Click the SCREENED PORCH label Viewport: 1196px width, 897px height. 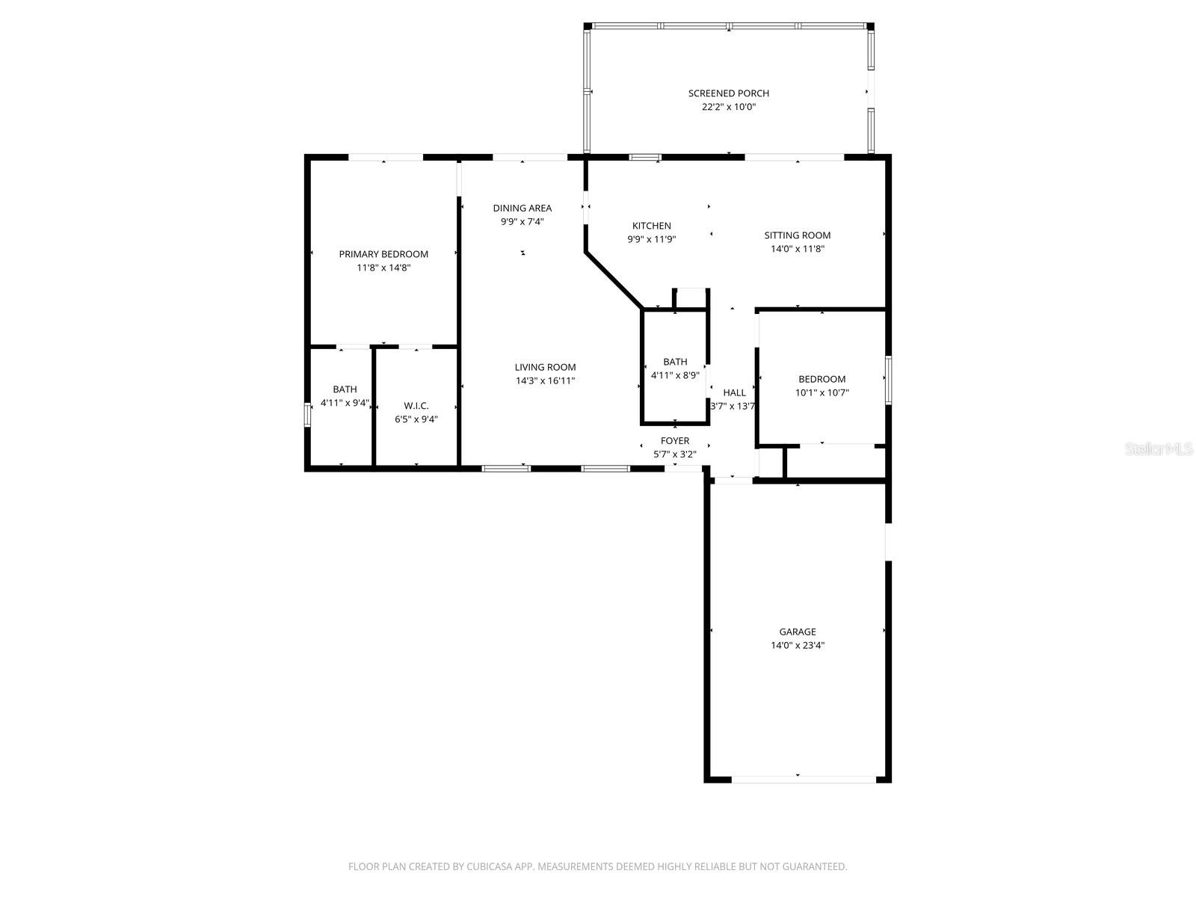click(x=728, y=93)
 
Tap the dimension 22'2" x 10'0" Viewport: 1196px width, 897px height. click(x=728, y=107)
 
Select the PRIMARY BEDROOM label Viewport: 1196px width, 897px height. click(x=383, y=254)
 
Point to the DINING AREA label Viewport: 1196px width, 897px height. click(x=522, y=208)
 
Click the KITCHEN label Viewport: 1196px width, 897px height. click(x=651, y=226)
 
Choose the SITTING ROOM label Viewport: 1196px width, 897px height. click(x=797, y=235)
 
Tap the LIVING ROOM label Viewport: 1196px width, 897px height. click(x=545, y=367)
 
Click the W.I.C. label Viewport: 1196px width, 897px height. click(x=416, y=406)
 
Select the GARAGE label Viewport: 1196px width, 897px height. click(x=797, y=632)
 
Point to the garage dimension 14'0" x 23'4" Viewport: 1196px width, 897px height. click(x=797, y=645)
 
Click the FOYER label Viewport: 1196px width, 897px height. click(x=674, y=441)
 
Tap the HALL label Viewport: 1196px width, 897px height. click(x=734, y=392)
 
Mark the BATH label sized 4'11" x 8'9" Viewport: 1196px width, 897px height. click(x=675, y=362)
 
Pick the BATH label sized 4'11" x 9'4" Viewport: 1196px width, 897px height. click(x=345, y=389)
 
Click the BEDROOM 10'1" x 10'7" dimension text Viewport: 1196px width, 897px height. click(x=822, y=392)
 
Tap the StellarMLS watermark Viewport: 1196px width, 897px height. click(x=1158, y=449)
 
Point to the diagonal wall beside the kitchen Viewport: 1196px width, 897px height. click(x=613, y=280)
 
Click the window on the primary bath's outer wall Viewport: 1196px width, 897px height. click(x=306, y=415)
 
